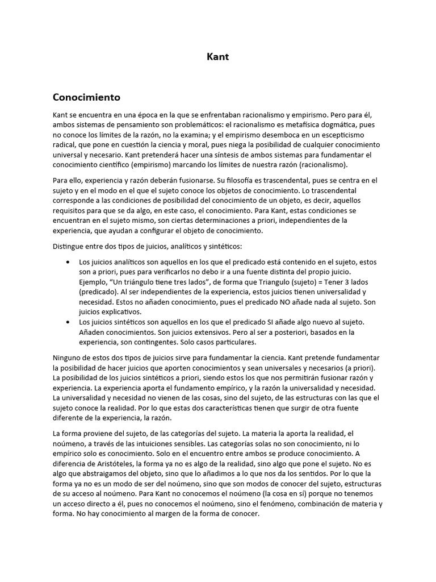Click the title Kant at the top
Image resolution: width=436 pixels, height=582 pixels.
coord(217,57)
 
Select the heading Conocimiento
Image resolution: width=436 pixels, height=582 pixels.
coord(86,97)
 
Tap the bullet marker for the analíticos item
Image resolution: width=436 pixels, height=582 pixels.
coord(68,262)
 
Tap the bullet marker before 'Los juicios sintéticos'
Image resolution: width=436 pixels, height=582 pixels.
coord(68,322)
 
